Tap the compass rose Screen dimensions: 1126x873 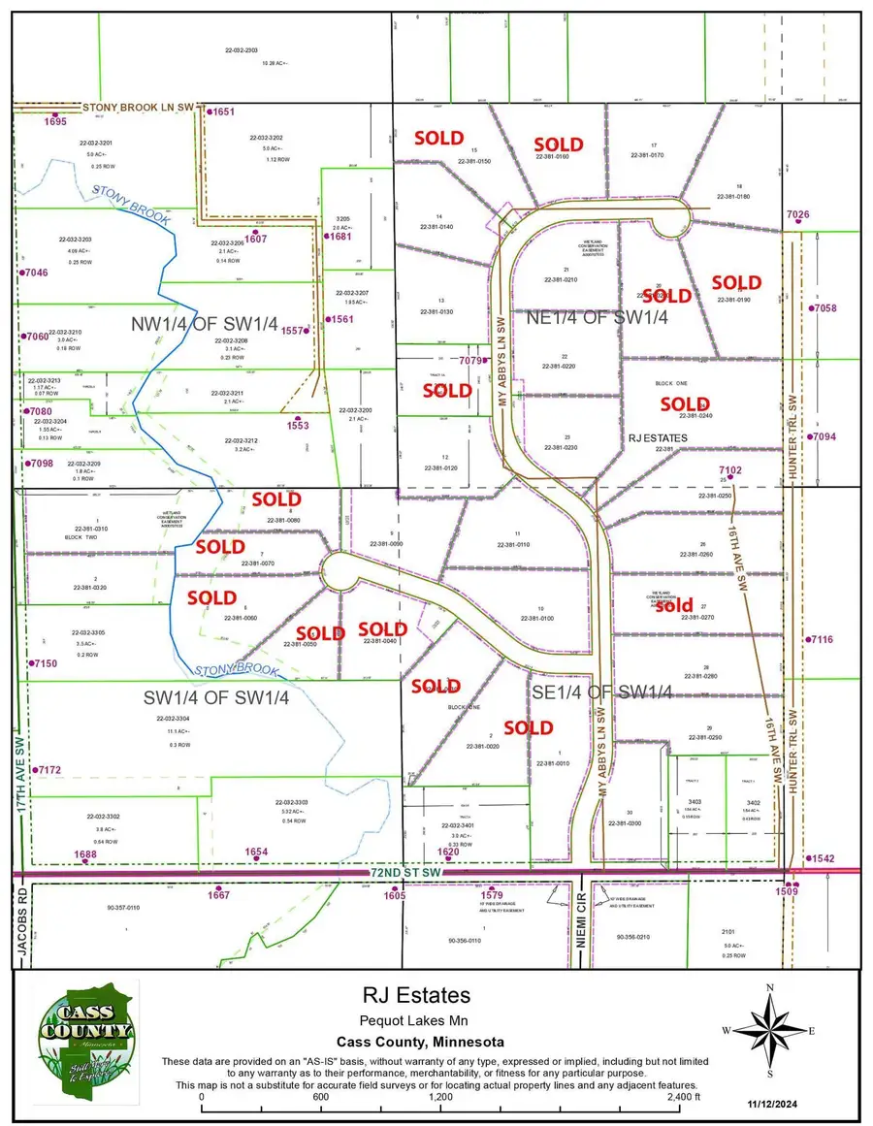[x=770, y=1031]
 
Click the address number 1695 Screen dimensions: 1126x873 [x=55, y=121]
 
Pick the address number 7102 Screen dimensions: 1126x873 [x=729, y=470]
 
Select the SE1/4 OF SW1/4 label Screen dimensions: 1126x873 [x=602, y=692]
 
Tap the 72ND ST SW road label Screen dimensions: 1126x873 [x=406, y=874]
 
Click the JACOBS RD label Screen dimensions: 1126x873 [x=21, y=933]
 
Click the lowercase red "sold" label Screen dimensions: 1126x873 [x=675, y=606]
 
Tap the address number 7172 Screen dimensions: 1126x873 [x=48, y=770]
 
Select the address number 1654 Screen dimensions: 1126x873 [x=256, y=853]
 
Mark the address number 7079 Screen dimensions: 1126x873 [x=470, y=361]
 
